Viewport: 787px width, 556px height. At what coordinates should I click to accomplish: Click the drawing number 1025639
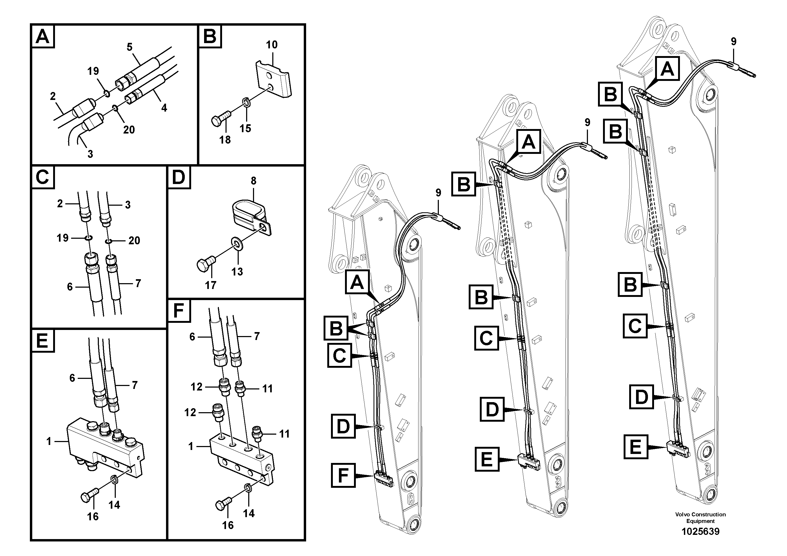pyautogui.click(x=700, y=532)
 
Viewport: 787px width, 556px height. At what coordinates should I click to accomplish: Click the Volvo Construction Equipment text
pyautogui.click(x=700, y=518)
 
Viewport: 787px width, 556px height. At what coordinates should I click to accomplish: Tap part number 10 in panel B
pyautogui.click(x=271, y=45)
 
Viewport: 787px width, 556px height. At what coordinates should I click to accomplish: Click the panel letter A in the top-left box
pyautogui.click(x=43, y=36)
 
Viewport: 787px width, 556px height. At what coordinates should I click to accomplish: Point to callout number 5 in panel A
pyautogui.click(x=130, y=47)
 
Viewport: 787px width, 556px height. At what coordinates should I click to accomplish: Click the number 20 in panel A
pyautogui.click(x=129, y=130)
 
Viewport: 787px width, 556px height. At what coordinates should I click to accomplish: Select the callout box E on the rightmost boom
pyautogui.click(x=636, y=447)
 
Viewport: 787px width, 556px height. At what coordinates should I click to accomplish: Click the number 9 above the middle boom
pyautogui.click(x=587, y=122)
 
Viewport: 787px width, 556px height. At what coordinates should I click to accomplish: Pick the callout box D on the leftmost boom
pyautogui.click(x=343, y=426)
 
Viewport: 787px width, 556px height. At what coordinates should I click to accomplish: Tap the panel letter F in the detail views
pyautogui.click(x=179, y=311)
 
